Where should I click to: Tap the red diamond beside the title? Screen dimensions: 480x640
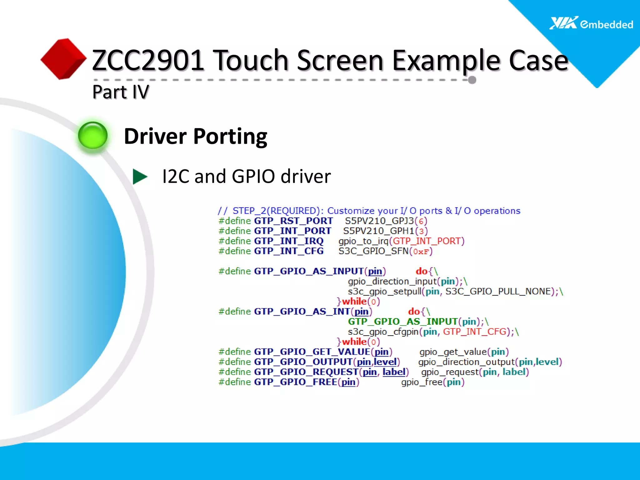coord(63,59)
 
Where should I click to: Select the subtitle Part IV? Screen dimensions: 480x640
coord(121,92)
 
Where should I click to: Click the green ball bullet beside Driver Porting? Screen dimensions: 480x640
coord(93,136)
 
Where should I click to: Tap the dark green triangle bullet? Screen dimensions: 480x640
coord(140,177)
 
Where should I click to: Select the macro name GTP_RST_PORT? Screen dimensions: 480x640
coord(293,221)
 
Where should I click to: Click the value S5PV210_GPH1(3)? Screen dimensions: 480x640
coord(385,231)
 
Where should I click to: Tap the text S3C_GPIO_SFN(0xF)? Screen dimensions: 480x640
coord(385,251)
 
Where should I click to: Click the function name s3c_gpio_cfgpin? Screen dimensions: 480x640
coord(383,332)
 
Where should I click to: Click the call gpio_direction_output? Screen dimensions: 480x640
coord(466,362)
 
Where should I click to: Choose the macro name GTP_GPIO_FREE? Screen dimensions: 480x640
coord(295,382)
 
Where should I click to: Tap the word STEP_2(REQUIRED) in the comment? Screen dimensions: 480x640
coord(275,211)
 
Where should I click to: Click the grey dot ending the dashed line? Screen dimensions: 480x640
coord(472,80)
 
